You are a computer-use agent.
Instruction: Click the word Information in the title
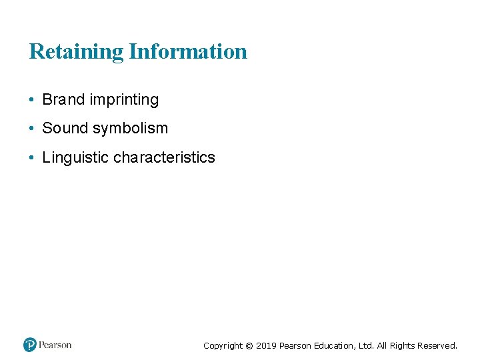(x=188, y=51)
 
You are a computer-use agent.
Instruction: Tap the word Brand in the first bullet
(x=63, y=100)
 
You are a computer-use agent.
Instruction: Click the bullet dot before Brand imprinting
(x=32, y=100)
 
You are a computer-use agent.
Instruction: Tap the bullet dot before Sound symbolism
(x=32, y=128)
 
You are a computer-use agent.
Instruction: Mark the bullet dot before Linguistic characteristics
(x=32, y=158)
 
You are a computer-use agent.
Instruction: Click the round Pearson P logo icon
(x=30, y=345)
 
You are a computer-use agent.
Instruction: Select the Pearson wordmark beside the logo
(x=55, y=345)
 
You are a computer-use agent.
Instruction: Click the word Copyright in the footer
(x=223, y=346)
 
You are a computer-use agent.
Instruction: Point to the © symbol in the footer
(x=249, y=346)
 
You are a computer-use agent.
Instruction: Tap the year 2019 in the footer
(x=266, y=346)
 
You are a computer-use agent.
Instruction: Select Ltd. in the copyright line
(x=367, y=346)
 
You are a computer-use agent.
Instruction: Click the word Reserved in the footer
(x=437, y=346)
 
